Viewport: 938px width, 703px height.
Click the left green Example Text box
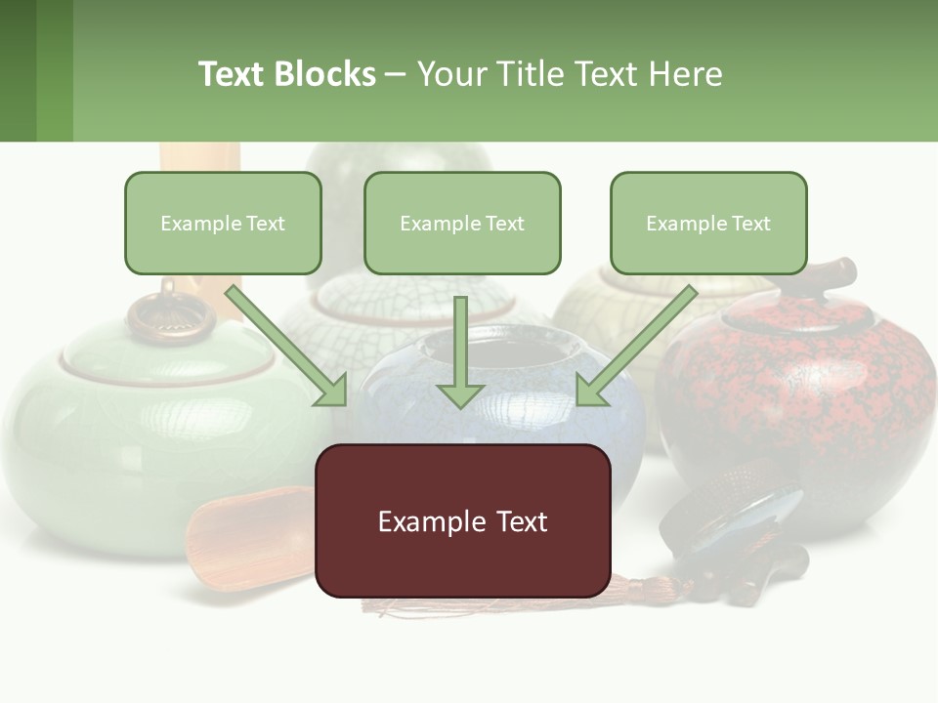click(223, 223)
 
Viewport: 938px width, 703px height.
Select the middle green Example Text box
click(462, 223)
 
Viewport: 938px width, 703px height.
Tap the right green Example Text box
click(708, 223)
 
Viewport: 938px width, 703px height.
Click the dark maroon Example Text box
click(462, 520)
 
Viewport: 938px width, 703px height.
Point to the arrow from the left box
click(288, 347)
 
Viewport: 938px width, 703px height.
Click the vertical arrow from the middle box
click(460, 351)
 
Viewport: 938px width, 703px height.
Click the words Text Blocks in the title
click(286, 74)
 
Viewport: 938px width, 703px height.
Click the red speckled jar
click(801, 400)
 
